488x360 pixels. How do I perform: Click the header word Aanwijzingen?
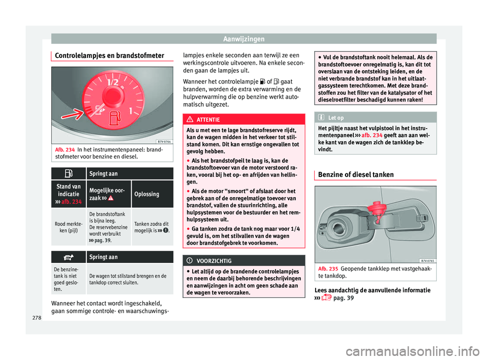click(244, 38)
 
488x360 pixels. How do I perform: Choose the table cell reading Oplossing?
click(151, 194)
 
